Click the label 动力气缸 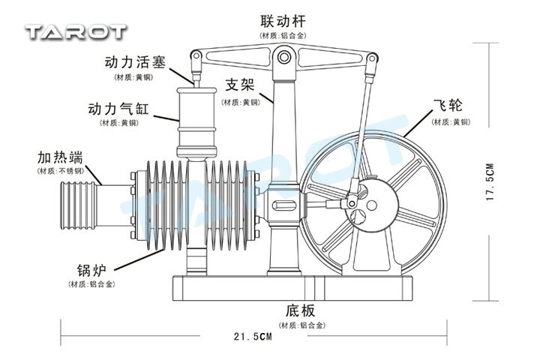(118, 109)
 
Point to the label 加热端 (60, 157)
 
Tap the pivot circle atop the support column (283, 55)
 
